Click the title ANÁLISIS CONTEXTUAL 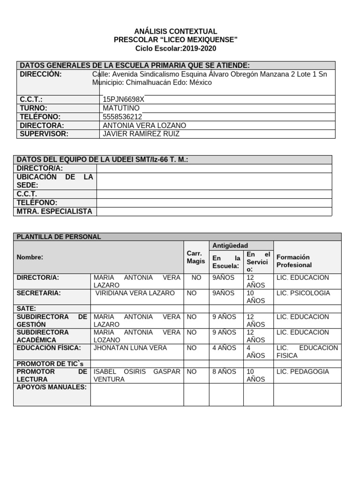point(176,31)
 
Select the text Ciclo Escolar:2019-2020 point(176,49)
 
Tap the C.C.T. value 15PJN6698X point(124,99)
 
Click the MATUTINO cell point(121,108)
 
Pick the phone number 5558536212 point(122,117)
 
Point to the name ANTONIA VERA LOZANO point(144,126)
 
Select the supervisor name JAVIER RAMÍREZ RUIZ point(141,134)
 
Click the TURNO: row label point(34,108)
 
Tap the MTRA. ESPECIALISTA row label point(54,211)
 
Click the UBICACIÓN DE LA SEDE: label point(54,181)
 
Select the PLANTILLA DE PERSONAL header point(59,237)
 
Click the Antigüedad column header point(230,246)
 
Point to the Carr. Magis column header point(195,257)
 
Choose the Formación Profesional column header point(294,261)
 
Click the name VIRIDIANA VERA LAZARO point(135,293)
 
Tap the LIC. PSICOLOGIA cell point(303,293)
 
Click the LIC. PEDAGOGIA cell point(303,372)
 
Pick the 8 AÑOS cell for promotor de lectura point(225,372)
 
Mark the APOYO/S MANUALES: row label point(52,387)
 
